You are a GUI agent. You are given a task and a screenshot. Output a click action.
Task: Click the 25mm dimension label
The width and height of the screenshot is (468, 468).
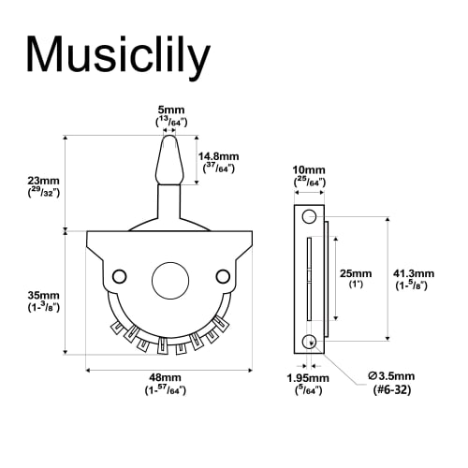pyautogui.click(x=357, y=272)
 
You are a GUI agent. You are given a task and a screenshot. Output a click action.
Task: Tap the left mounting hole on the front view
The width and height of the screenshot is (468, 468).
pyautogui.click(x=119, y=275)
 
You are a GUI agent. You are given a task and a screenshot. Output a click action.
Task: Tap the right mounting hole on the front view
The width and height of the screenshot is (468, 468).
pyautogui.click(x=222, y=275)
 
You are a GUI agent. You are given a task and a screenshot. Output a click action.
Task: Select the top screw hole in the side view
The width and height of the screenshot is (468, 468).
pyautogui.click(x=309, y=217)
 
